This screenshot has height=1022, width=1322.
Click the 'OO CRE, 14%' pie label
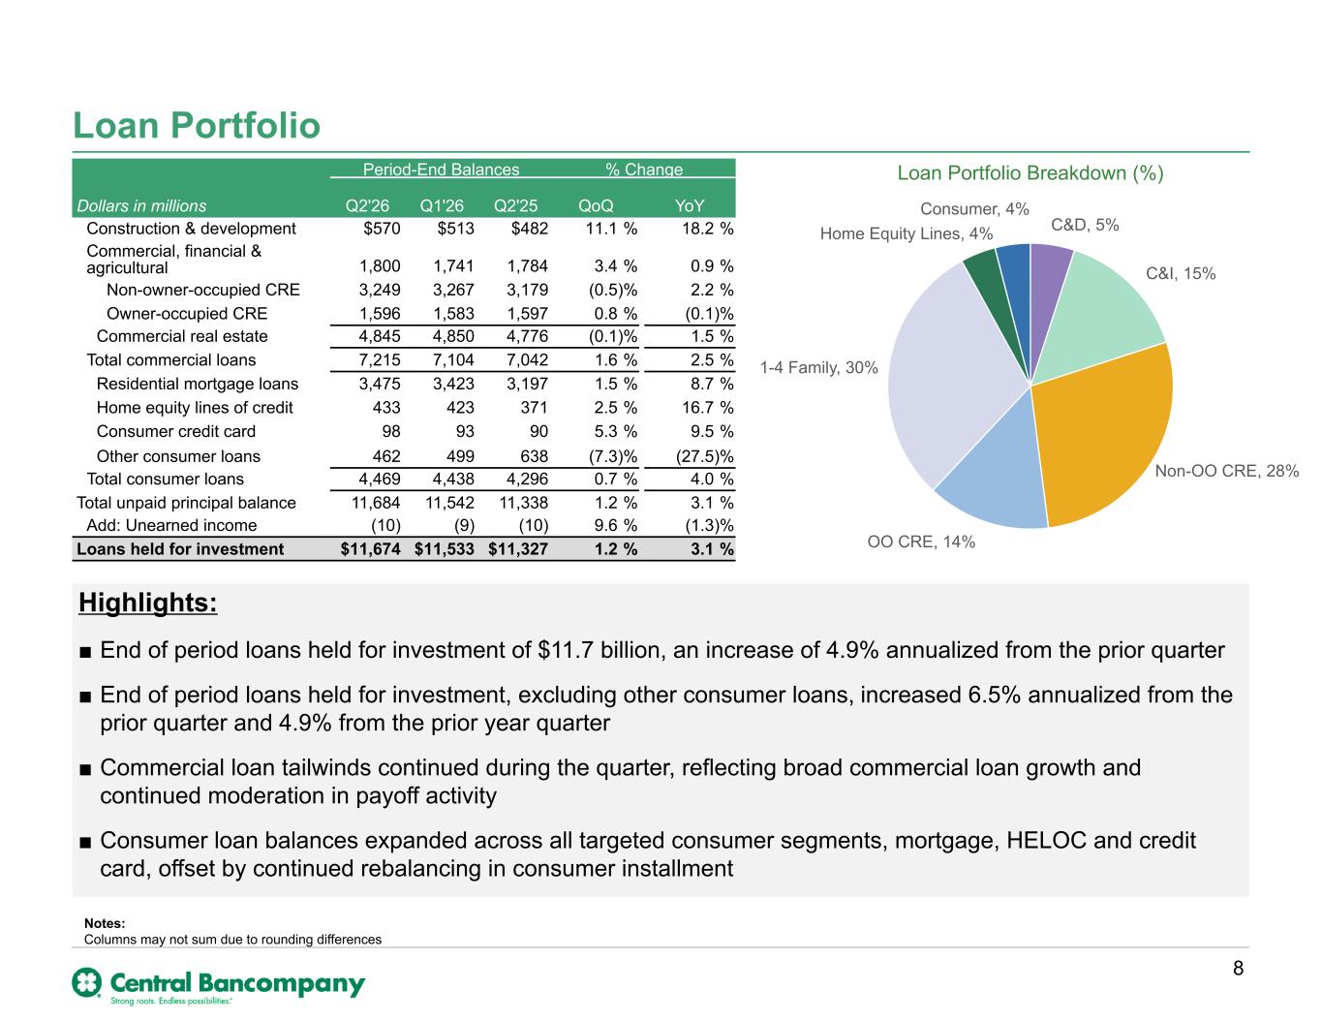click(x=920, y=542)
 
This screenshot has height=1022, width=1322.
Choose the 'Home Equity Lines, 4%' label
click(x=906, y=233)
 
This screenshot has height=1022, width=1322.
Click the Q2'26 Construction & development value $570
click(x=382, y=228)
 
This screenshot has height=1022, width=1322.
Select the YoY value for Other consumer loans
click(x=704, y=456)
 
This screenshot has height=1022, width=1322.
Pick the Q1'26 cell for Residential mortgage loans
click(x=453, y=384)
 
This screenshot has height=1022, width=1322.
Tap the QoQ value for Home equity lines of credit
click(x=616, y=408)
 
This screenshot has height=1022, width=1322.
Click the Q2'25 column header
click(x=515, y=205)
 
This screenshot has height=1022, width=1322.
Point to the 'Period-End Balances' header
click(x=441, y=170)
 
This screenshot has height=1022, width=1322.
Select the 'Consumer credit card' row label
click(x=176, y=431)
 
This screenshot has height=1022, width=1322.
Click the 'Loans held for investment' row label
click(x=180, y=548)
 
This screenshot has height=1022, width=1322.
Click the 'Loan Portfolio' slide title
click(x=196, y=125)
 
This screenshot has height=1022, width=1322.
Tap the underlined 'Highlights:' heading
click(x=148, y=603)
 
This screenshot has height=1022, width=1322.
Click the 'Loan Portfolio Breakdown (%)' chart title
click(x=1030, y=173)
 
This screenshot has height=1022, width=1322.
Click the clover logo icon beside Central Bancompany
click(x=87, y=982)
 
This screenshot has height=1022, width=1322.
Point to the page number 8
click(x=1238, y=968)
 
